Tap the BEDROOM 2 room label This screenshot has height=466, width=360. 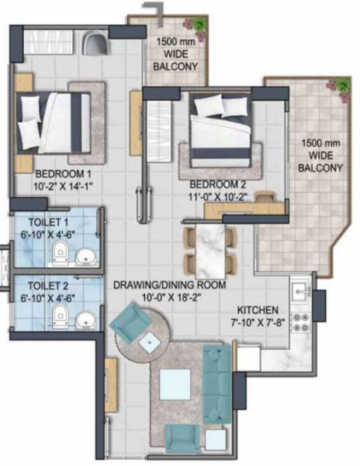tap(220, 184)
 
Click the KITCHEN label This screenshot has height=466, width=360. tap(259, 308)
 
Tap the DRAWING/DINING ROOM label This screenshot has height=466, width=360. tap(169, 285)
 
